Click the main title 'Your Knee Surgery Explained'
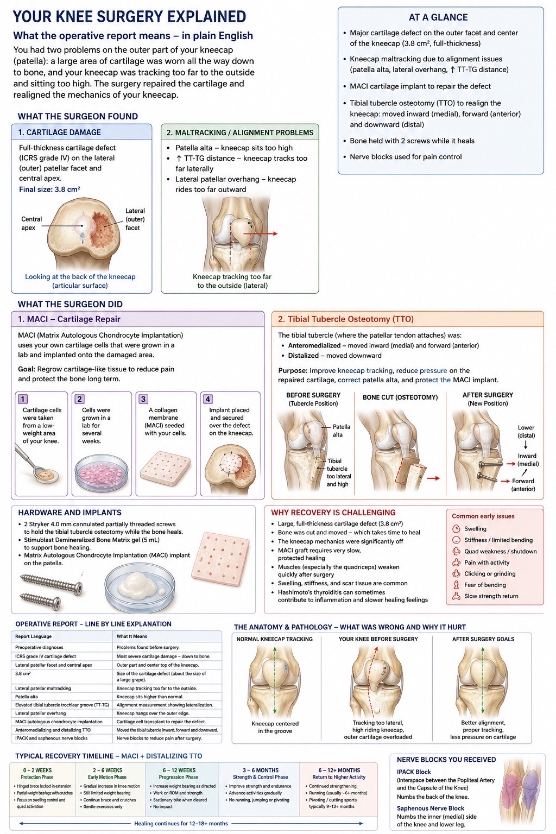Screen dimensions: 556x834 [130, 17]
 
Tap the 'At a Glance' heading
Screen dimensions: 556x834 [438, 17]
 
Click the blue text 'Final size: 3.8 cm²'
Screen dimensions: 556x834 [49, 189]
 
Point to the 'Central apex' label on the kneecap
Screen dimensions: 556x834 [31, 223]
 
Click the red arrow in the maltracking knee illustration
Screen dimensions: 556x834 [260, 233]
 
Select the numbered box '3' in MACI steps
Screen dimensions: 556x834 [143, 399]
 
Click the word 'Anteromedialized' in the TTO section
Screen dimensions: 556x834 [314, 345]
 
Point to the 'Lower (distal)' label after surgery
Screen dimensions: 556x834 [526, 432]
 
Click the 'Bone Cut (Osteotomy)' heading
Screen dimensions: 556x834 [400, 397]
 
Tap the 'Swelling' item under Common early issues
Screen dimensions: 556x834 [475, 529]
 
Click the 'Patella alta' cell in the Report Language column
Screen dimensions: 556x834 [27, 697]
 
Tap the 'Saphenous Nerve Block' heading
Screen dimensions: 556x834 [430, 808]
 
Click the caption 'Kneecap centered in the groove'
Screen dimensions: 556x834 [275, 727]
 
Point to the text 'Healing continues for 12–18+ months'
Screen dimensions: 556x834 [181, 823]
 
